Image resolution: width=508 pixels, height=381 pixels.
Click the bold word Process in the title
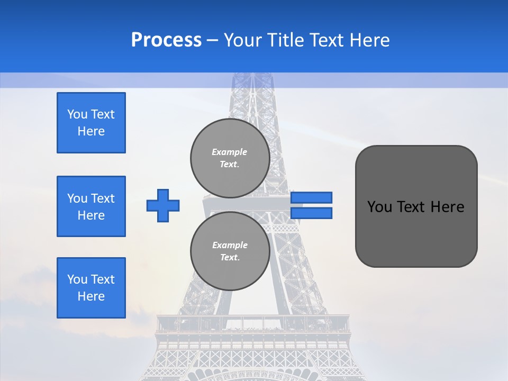coord(166,40)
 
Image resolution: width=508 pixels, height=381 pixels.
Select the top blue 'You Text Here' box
coord(91,123)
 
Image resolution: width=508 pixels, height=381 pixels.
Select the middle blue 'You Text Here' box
coord(91,206)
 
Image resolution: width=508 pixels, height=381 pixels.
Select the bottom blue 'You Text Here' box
coord(91,288)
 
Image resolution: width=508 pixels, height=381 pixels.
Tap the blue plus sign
coord(163,205)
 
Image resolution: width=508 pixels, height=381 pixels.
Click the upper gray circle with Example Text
coord(230,158)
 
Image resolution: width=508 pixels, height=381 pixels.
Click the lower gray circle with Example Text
coord(230,251)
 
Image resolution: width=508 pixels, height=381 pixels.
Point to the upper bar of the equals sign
coord(312,197)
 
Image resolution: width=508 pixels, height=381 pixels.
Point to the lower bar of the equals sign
coord(312,213)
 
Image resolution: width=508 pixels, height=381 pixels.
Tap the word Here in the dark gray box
coord(447,207)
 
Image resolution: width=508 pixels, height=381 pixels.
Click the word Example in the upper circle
coord(230,152)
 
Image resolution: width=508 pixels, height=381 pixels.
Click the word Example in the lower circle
coord(230,245)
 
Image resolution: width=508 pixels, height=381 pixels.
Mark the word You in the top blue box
coord(76,114)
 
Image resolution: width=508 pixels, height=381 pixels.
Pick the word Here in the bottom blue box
coord(91,296)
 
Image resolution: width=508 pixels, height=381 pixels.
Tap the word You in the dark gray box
coord(379,207)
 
